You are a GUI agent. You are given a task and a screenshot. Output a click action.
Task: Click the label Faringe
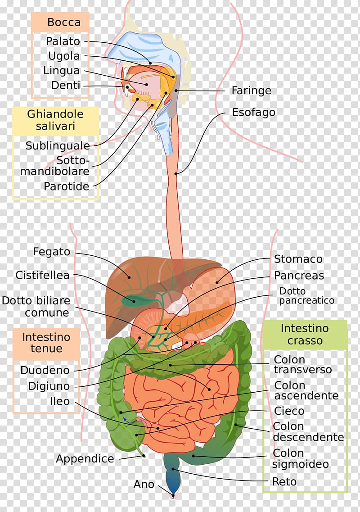(x=251, y=91)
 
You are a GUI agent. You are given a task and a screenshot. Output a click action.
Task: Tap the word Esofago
(x=253, y=112)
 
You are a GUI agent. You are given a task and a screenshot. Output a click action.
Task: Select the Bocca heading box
(x=60, y=22)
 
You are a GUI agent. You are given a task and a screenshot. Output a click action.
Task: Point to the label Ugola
(x=64, y=56)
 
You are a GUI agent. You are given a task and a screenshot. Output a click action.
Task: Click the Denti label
(x=66, y=85)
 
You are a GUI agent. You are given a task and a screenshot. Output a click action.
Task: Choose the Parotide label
(x=67, y=186)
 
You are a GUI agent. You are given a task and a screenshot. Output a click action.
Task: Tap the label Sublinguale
(x=58, y=145)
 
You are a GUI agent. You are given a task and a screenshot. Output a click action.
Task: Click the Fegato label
(x=52, y=252)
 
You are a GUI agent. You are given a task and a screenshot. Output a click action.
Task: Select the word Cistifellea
(x=42, y=275)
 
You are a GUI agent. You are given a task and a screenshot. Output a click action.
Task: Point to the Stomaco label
(x=298, y=259)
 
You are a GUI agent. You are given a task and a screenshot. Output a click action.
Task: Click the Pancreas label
(x=299, y=275)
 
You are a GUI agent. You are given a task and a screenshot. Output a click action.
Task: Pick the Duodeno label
(x=45, y=370)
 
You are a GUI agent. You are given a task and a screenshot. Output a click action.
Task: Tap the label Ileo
(x=59, y=401)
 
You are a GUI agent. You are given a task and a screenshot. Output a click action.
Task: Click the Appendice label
(x=85, y=459)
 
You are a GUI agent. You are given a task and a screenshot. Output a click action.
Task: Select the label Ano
(x=144, y=484)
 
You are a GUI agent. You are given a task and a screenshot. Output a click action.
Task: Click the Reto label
(x=284, y=481)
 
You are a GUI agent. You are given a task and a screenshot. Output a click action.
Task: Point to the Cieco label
(x=289, y=411)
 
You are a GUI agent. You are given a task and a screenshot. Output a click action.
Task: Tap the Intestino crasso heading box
(x=305, y=335)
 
